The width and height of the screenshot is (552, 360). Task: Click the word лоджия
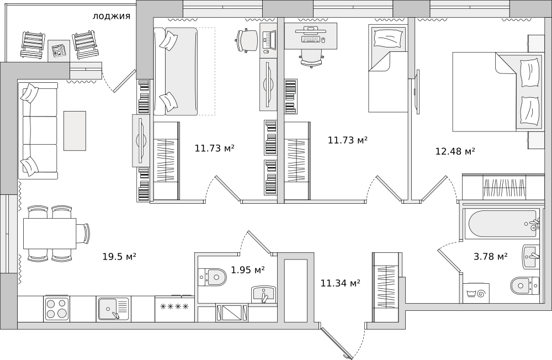(112, 16)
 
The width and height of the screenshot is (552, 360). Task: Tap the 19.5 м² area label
(119, 256)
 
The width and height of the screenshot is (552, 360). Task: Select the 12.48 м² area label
(455, 151)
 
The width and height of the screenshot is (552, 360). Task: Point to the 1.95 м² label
(248, 270)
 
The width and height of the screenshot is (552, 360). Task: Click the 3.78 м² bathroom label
(490, 256)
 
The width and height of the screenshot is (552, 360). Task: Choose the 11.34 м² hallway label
(340, 283)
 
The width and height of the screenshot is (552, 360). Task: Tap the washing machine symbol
(476, 293)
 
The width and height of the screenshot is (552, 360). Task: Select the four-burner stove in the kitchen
(57, 308)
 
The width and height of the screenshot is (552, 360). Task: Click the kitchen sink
(114, 309)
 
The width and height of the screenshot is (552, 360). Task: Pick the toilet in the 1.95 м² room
(211, 277)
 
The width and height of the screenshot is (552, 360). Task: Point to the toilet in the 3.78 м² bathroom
(524, 285)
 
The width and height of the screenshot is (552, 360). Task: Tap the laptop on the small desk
(268, 40)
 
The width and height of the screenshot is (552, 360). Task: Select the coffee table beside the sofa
(75, 131)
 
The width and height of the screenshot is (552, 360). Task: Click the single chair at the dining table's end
(86, 234)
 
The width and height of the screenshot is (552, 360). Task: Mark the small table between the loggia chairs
(59, 50)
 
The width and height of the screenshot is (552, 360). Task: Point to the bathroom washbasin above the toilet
(531, 257)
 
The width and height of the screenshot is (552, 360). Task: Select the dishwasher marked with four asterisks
(174, 309)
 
